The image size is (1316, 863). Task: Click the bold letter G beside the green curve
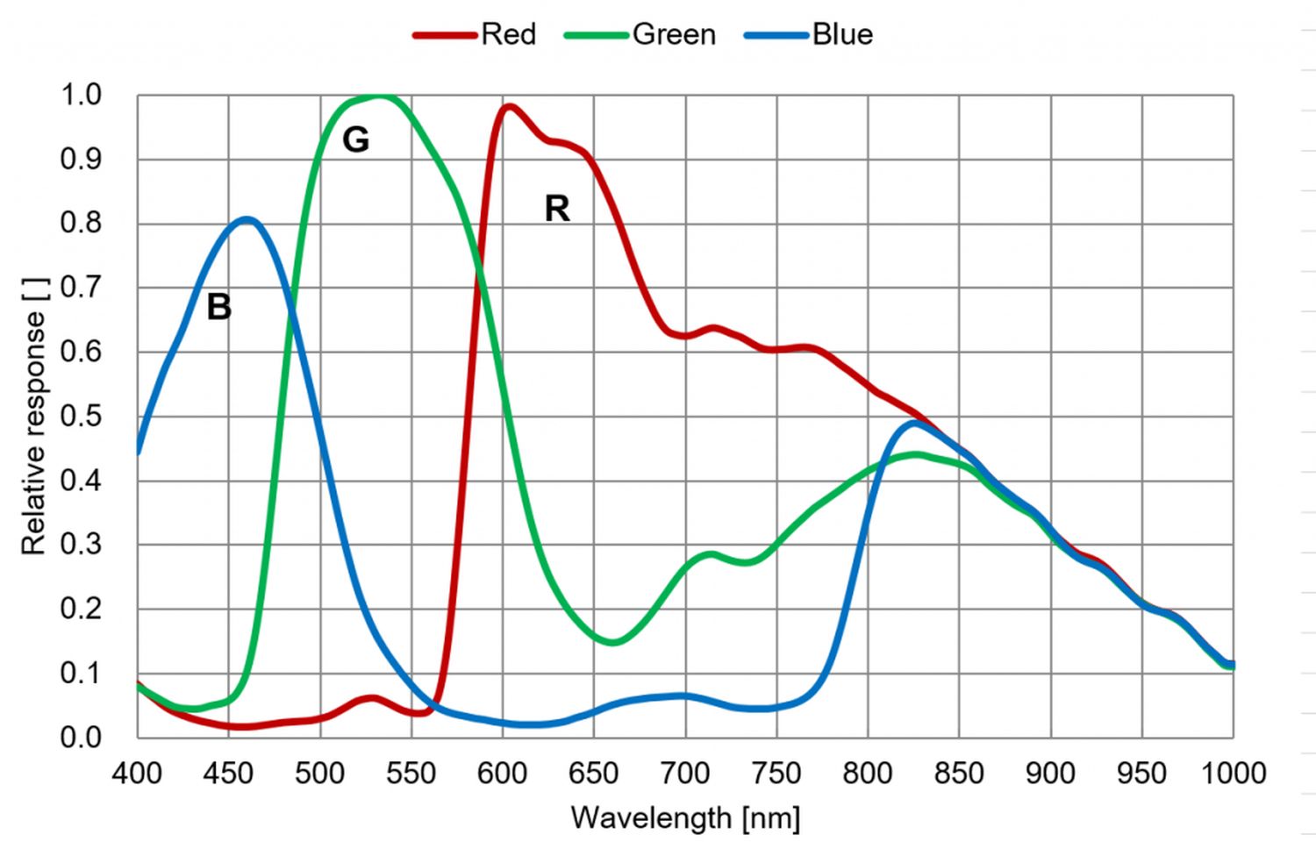[355, 139]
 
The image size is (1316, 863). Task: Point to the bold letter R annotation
[557, 209]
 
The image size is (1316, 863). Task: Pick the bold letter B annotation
[218, 307]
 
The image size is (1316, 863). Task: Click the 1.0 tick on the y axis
[81, 95]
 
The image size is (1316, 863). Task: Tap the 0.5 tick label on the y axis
[81, 416]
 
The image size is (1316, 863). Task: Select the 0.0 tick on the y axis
[81, 738]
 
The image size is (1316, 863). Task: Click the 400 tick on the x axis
[138, 773]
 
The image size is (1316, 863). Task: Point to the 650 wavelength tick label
[594, 773]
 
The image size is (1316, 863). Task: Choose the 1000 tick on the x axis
[1233, 773]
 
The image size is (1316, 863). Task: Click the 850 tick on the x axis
[959, 773]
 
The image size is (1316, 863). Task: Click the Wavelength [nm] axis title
[685, 818]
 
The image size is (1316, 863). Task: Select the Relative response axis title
[33, 416]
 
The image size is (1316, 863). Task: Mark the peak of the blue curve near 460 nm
[247, 219]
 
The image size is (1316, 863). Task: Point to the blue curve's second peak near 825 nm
[914, 423]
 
